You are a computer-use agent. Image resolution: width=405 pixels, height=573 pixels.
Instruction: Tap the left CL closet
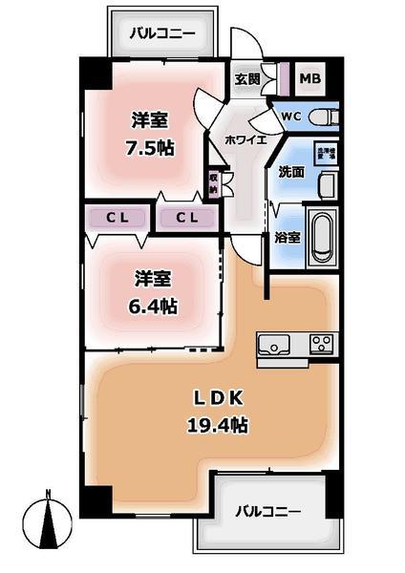pyautogui.click(x=117, y=218)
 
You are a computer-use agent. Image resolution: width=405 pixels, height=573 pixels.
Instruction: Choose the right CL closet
pyautogui.click(x=187, y=218)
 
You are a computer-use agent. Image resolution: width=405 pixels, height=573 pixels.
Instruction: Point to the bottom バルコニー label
pyautogui.click(x=268, y=511)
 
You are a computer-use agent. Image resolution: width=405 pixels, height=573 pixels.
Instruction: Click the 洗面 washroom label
pyautogui.click(x=290, y=173)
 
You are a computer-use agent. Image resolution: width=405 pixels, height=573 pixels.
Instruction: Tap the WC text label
pyautogui.click(x=290, y=117)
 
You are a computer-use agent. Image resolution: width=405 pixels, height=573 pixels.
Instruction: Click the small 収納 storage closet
pyautogui.click(x=214, y=182)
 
